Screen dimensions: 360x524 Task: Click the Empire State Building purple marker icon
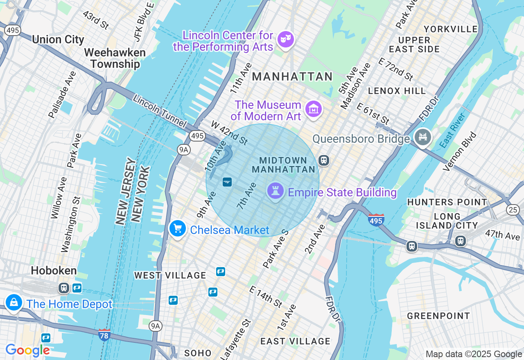[x=275, y=191]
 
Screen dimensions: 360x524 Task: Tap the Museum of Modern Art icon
[x=314, y=109]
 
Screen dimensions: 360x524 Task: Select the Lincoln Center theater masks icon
[x=285, y=40]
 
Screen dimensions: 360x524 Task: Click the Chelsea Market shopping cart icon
[x=178, y=229]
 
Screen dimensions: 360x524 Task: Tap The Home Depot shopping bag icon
[x=14, y=303]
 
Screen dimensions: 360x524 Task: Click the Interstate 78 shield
[x=104, y=335]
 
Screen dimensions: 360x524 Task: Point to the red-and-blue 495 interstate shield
[x=376, y=220]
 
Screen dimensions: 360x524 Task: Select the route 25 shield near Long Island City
[x=513, y=210]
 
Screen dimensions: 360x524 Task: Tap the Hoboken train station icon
[x=63, y=288]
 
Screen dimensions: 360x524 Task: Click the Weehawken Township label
[x=115, y=58]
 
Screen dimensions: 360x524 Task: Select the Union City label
[x=58, y=40]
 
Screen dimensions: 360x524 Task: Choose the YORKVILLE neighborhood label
[x=451, y=29]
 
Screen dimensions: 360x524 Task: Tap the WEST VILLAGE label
[x=170, y=275]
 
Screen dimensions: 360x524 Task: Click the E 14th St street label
[x=266, y=297]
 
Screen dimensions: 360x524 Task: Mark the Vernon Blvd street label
[x=461, y=151]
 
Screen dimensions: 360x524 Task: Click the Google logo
[x=27, y=350]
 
